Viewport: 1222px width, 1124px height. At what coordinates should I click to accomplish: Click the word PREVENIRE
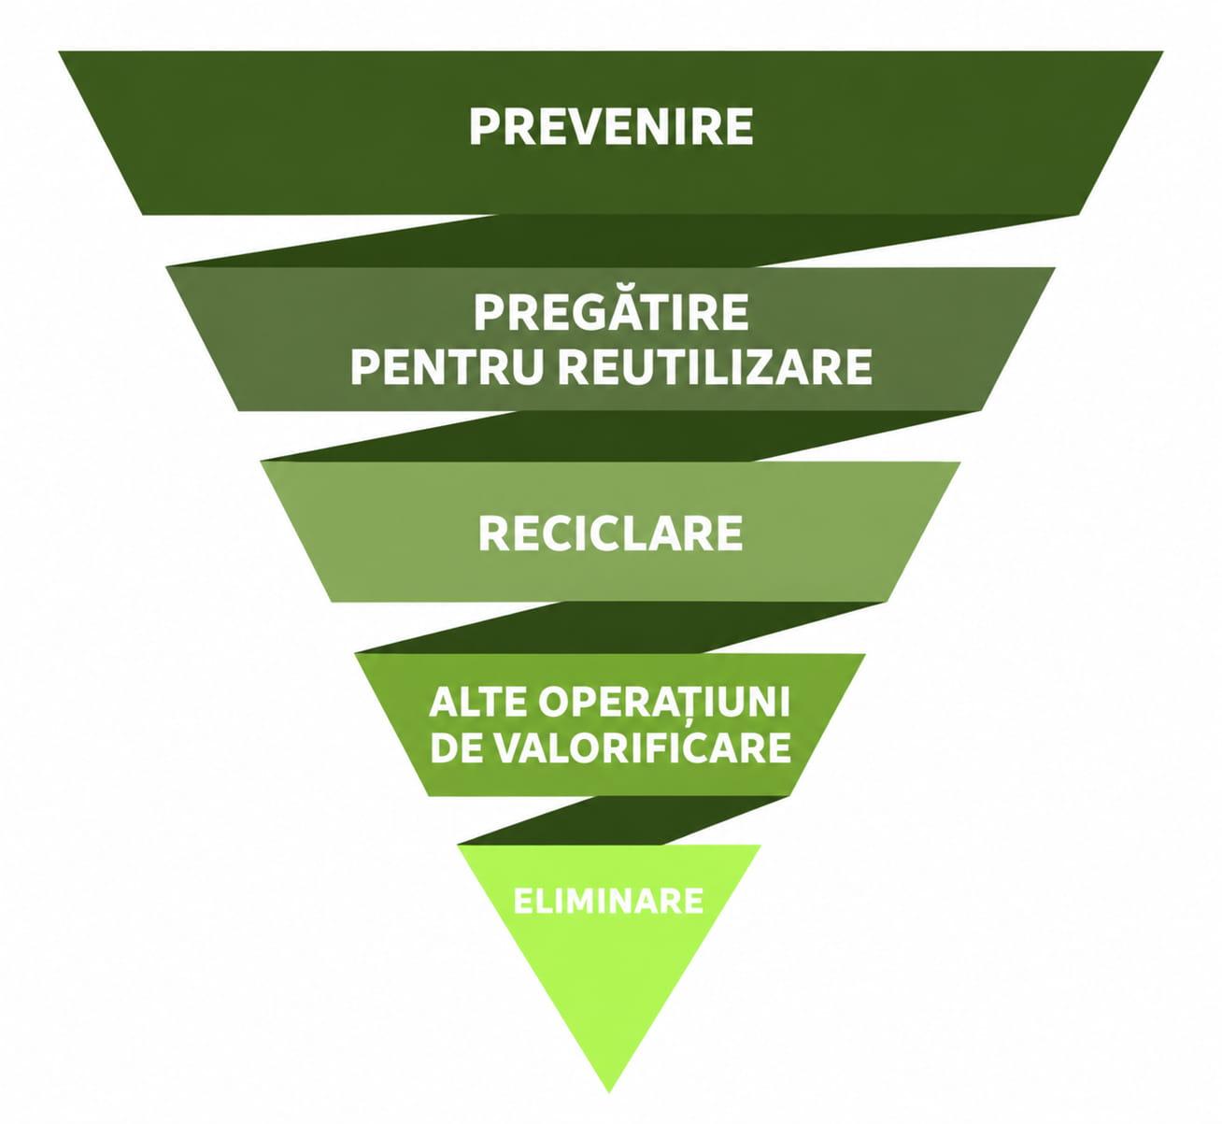point(611,127)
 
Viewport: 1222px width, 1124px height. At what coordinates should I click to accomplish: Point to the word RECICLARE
point(610,534)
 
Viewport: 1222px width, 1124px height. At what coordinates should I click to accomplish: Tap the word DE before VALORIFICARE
point(453,747)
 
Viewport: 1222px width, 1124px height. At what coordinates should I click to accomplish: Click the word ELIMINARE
point(608,901)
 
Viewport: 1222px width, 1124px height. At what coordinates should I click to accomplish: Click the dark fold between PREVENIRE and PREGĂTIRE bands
point(609,241)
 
